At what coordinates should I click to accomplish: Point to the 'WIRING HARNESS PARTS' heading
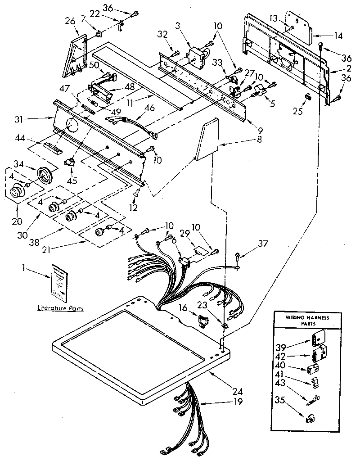(308, 320)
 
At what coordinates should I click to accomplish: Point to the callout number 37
(262, 244)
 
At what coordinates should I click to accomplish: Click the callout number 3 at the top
(178, 25)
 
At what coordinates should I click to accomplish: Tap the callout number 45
(72, 181)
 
